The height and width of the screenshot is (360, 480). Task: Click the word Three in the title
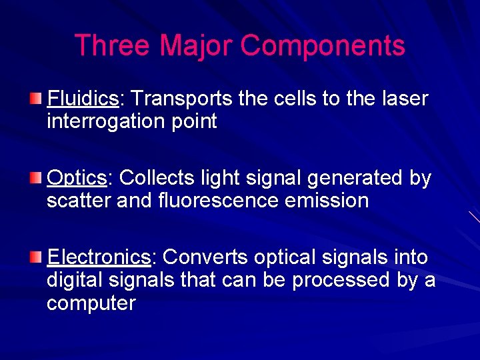pos(113,46)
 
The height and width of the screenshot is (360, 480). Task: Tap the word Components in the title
pos(323,46)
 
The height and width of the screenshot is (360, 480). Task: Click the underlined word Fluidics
pos(83,99)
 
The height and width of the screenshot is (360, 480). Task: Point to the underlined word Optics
pos(77,179)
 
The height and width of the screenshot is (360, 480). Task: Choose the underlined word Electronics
pos(99,257)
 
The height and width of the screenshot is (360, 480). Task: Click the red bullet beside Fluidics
pos(37,99)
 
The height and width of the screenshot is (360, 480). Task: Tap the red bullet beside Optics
pos(37,179)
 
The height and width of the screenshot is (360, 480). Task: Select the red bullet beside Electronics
pos(37,257)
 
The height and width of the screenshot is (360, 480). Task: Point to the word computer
pos(91,303)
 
